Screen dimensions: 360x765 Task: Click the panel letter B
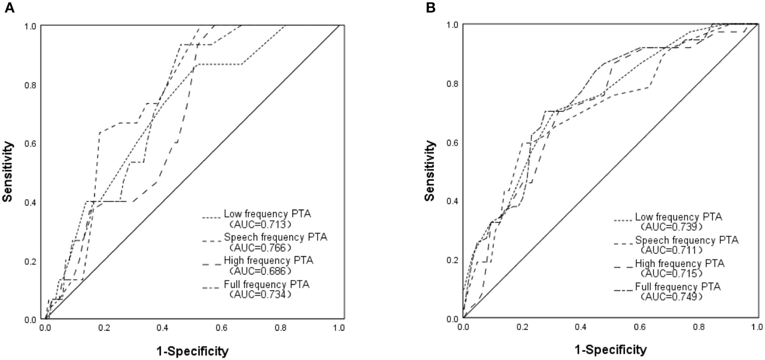pos(431,8)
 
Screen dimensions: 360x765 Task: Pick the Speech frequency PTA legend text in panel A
pos(275,237)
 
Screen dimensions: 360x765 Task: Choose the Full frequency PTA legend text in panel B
pos(678,287)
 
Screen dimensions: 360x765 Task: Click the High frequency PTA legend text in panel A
pos(269,261)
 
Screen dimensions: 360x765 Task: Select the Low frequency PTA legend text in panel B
pos(679,217)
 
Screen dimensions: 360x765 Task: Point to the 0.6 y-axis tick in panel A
pos(30,143)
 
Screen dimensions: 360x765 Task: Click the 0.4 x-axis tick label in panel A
pos(163,328)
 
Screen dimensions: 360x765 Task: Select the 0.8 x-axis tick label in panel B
pos(699,328)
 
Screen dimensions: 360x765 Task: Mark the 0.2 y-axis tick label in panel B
pos(452,260)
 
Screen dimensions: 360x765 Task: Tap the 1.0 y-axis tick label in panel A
pos(30,26)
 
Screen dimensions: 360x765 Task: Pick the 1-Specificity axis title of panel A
pos(192,351)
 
